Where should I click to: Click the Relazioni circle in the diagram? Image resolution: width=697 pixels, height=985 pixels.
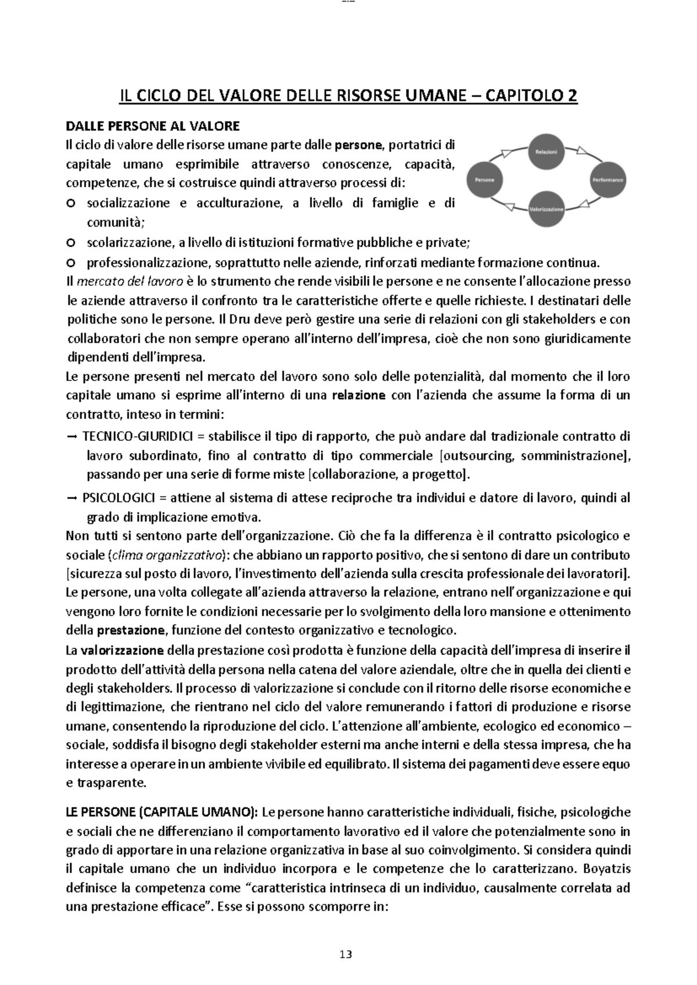click(546, 151)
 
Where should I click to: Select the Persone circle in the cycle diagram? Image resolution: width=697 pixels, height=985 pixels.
click(484, 180)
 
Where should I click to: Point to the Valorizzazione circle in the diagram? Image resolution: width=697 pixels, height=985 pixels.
click(546, 208)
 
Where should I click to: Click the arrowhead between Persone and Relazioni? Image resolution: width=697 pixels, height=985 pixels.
click(509, 153)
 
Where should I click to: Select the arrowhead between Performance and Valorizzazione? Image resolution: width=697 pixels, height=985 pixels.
click(585, 204)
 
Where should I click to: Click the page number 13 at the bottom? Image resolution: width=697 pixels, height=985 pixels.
click(346, 954)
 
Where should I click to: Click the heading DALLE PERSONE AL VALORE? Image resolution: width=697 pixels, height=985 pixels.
click(153, 126)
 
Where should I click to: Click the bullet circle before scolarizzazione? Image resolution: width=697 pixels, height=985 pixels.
click(71, 242)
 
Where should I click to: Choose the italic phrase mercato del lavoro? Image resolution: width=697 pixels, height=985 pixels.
click(129, 282)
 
